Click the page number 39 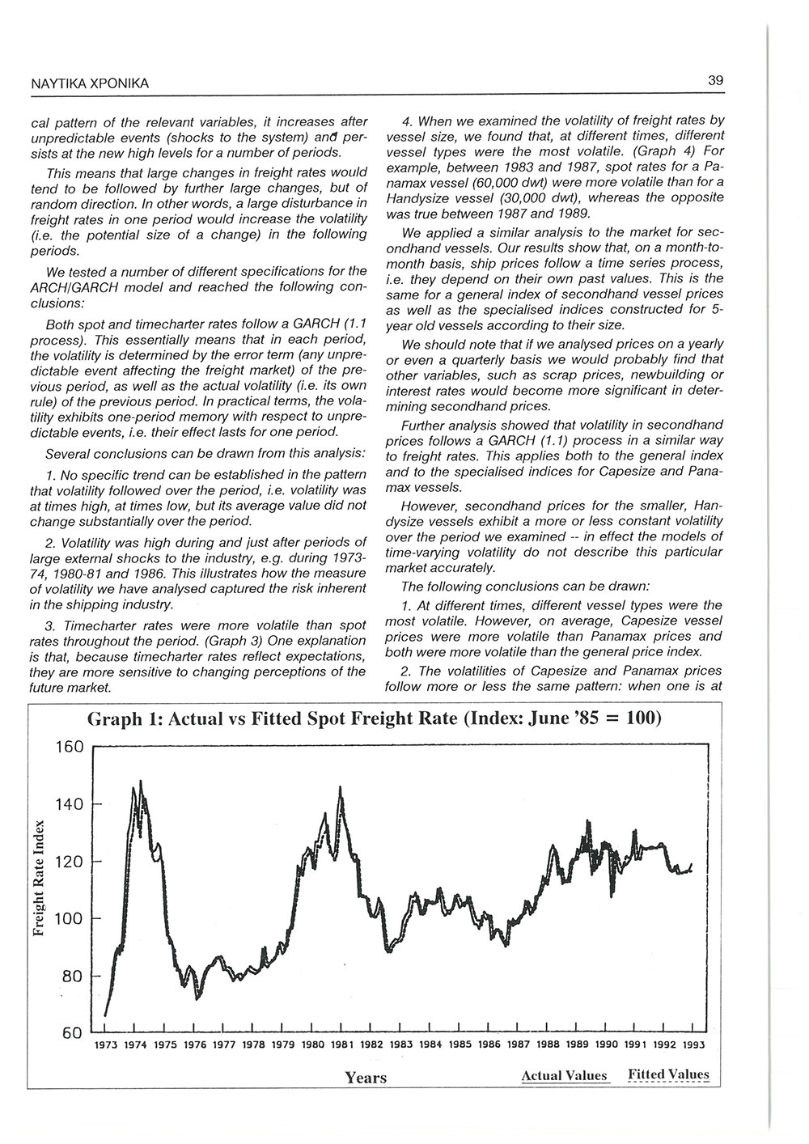(x=715, y=80)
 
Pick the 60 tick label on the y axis (x=72, y=1033)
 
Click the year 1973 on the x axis (x=106, y=1044)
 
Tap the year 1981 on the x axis (x=342, y=1044)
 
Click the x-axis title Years (x=366, y=1078)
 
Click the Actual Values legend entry (x=564, y=1076)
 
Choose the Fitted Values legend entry (x=668, y=1075)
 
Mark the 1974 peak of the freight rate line (x=141, y=782)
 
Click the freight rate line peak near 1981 (x=341, y=787)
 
